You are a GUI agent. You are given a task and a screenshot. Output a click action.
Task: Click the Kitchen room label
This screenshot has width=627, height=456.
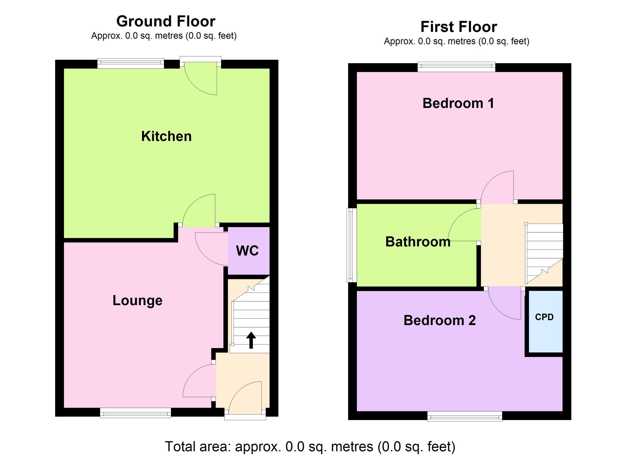pos(166,136)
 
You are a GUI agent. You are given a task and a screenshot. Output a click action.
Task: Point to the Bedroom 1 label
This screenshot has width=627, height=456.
pos(458,103)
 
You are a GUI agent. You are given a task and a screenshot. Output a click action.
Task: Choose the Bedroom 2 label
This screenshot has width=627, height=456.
pos(439,321)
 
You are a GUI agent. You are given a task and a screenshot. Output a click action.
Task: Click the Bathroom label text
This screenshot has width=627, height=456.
pos(418,242)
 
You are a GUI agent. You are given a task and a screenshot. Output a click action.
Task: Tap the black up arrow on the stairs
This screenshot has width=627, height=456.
pos(251,340)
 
